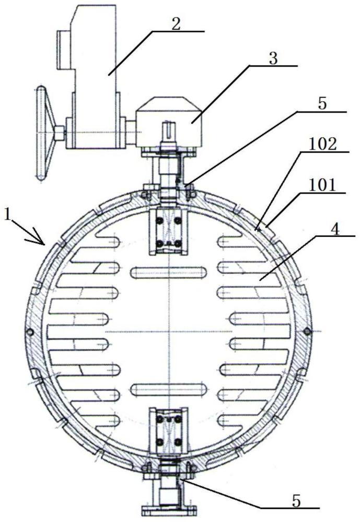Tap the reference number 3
point(273,58)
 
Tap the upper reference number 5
point(322,104)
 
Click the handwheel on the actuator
point(41,134)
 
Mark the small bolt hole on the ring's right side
point(307,331)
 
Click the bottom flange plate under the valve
point(168,508)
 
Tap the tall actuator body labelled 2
point(96,78)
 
